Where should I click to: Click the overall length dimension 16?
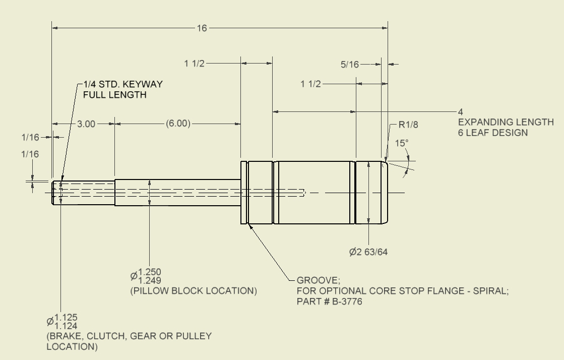202,28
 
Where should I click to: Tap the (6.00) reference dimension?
178,124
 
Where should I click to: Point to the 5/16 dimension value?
350,64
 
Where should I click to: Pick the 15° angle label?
401,143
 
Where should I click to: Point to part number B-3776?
345,302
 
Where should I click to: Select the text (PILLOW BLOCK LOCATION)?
194,291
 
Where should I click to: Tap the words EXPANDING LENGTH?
506,123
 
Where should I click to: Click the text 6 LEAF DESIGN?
492,133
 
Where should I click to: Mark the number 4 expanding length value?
460,111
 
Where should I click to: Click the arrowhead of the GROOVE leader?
249,226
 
